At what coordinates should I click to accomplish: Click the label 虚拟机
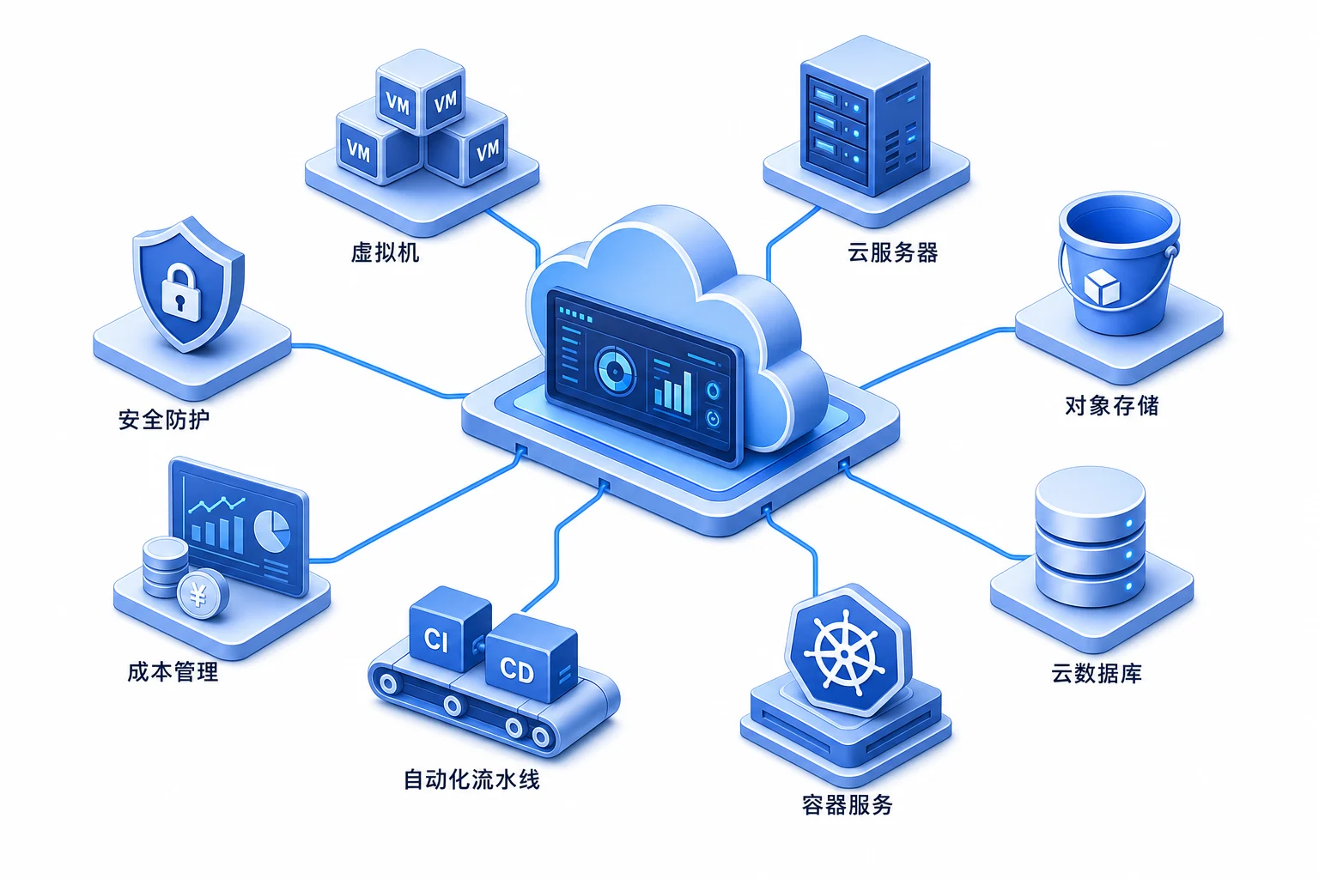coord(385,252)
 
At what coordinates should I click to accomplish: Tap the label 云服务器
coord(893,252)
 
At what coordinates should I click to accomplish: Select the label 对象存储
coord(1112,406)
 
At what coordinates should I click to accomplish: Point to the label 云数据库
coord(1097,673)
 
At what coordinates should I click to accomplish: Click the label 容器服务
coord(848,805)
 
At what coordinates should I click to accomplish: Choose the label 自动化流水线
coord(471,779)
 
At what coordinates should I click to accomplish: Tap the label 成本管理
coord(173,672)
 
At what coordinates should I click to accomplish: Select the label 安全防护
coord(164,420)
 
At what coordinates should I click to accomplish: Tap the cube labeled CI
coord(449,629)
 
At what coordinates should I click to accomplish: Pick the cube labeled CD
coord(531,658)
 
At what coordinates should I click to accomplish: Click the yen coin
coord(202,595)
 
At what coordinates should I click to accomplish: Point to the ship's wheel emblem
coord(844,653)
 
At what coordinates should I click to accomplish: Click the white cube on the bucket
coord(1102,288)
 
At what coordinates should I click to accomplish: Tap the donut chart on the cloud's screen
coord(616,371)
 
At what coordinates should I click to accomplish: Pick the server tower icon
coord(865,115)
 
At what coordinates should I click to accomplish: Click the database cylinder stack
coord(1090,537)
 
